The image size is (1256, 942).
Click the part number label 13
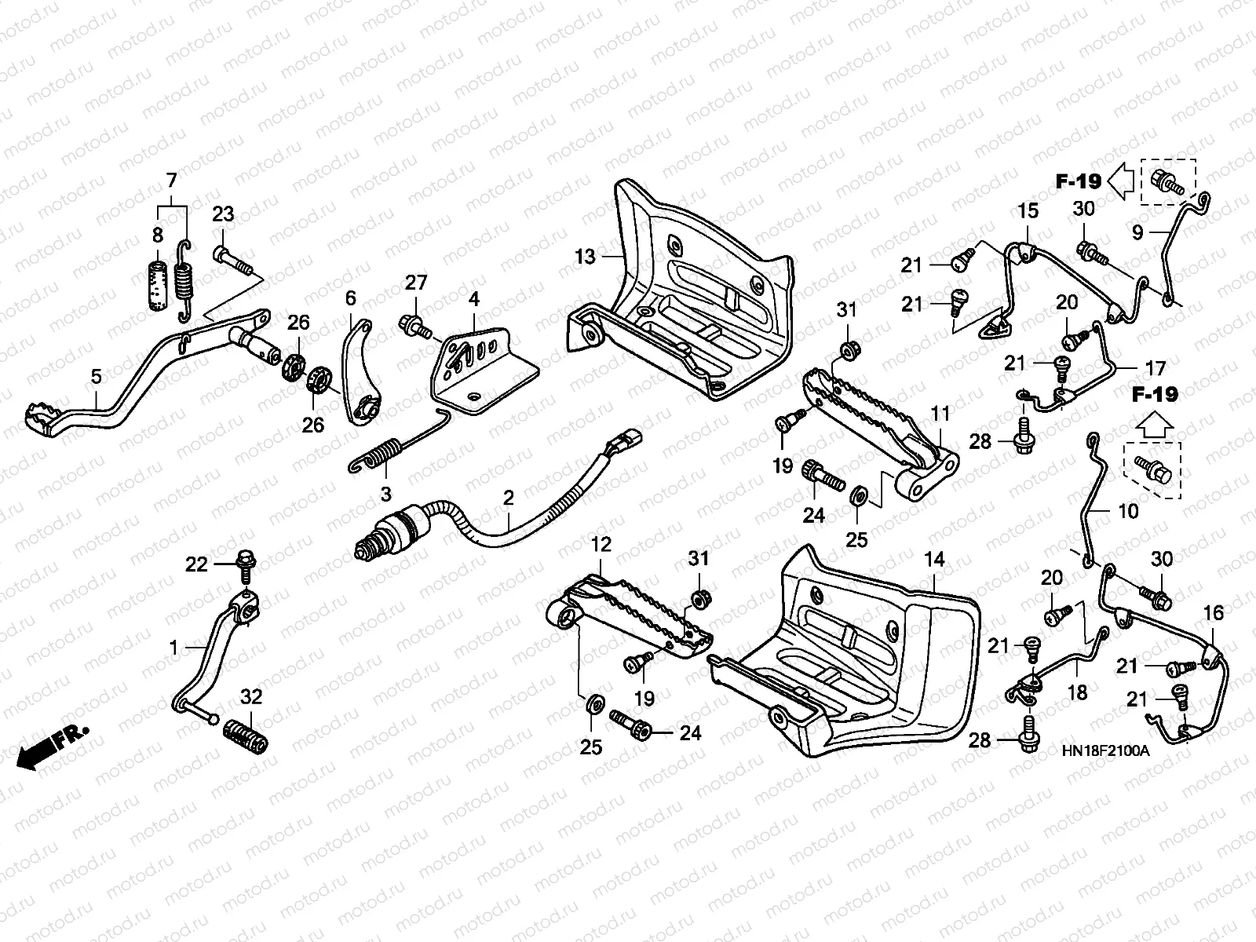pos(586,256)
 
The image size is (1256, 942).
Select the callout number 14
pos(934,560)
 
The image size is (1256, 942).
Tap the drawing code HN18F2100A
pos(1105,750)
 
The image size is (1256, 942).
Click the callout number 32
pos(251,696)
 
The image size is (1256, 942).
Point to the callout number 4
pos(474,299)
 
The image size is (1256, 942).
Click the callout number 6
pos(350,298)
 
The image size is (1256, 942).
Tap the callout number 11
pos(940,414)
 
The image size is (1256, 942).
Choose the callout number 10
pos(1127,511)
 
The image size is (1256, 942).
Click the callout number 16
pos(1214,612)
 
